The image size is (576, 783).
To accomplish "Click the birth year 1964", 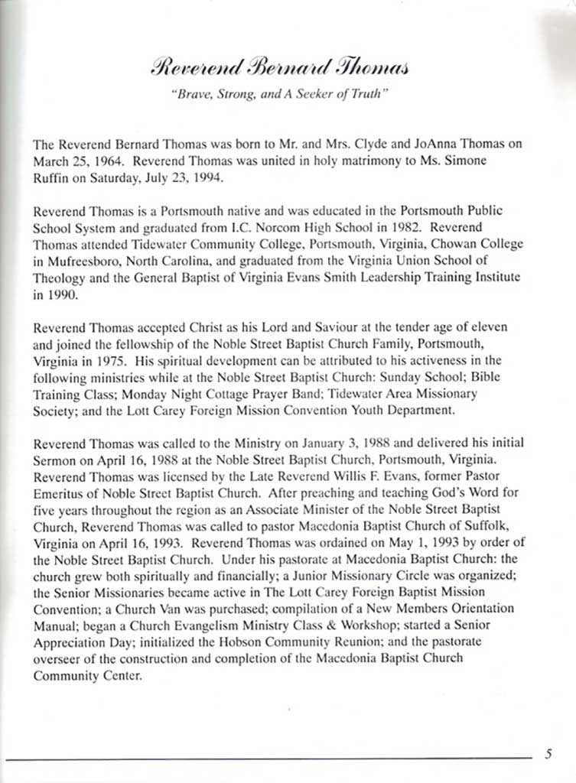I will (x=112, y=159).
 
